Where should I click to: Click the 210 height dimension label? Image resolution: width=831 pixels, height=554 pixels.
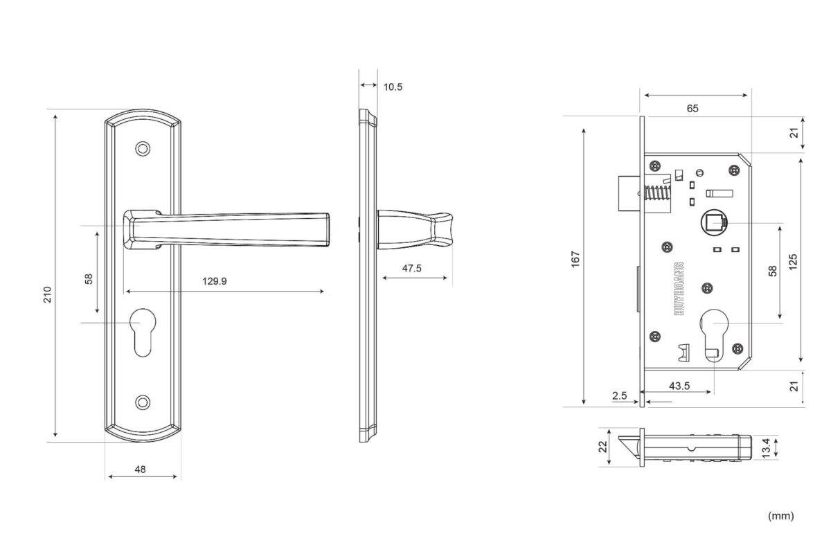[47, 294]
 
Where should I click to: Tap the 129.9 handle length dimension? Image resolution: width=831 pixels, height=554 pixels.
[215, 281]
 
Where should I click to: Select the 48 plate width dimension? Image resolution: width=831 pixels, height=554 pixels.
[140, 470]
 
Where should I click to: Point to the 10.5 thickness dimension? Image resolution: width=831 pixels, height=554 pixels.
[393, 87]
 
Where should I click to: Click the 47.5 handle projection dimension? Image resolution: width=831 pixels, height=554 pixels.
[411, 268]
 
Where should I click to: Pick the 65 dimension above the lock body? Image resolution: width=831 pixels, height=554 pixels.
[692, 108]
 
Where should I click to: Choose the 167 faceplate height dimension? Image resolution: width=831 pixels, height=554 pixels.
[575, 259]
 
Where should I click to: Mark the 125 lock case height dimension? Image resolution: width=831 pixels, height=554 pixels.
[793, 262]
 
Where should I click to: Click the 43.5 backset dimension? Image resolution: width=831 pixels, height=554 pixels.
[679, 386]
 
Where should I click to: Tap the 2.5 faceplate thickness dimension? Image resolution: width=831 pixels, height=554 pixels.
[620, 395]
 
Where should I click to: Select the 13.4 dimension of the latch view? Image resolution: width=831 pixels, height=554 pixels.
[766, 447]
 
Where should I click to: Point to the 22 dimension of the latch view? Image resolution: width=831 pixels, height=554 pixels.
[603, 447]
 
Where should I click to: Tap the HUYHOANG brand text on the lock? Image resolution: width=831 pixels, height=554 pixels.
[679, 289]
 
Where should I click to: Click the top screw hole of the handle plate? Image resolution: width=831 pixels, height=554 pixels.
[143, 149]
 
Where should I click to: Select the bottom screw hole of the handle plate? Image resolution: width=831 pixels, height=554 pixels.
[143, 402]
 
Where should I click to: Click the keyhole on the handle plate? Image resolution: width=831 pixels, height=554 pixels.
[143, 332]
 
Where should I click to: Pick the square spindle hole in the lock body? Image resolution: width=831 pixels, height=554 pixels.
[714, 223]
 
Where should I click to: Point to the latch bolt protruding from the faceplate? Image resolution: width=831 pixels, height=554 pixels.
[629, 193]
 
